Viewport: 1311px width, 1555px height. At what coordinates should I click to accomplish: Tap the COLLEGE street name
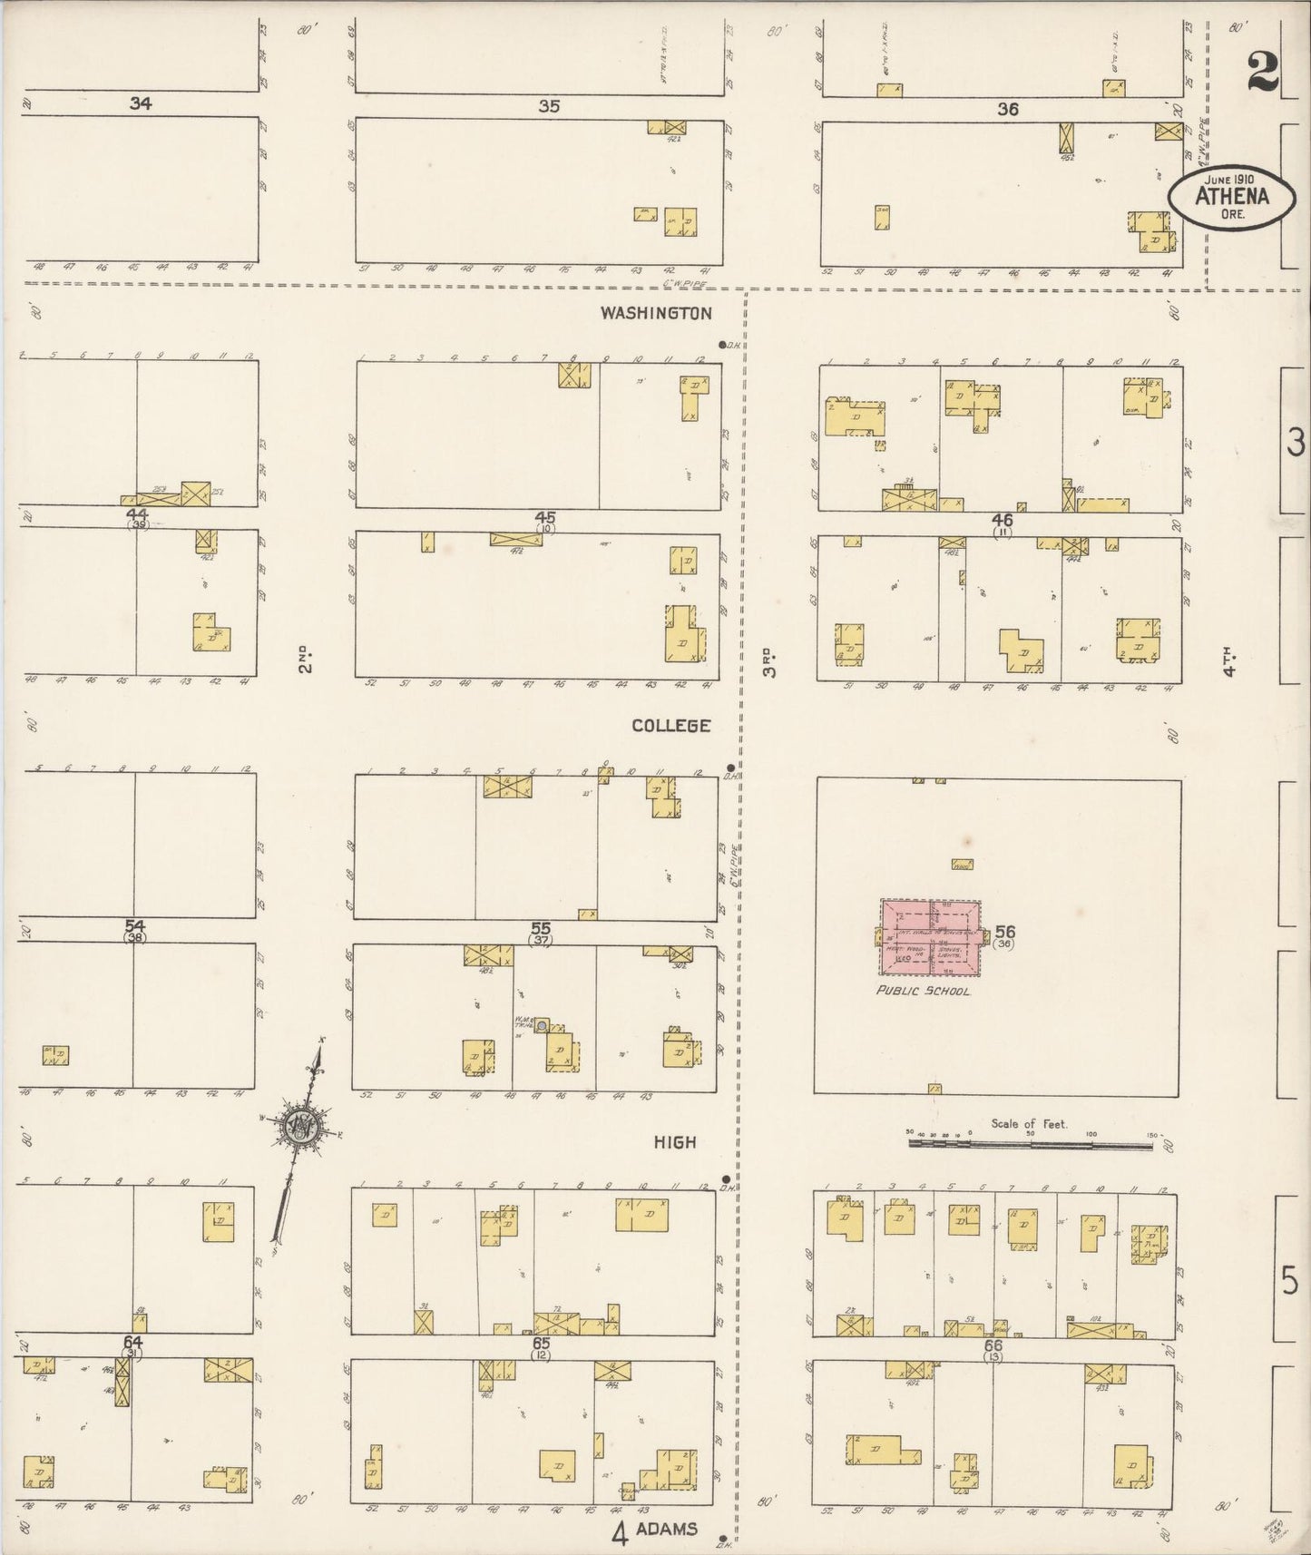tap(671, 726)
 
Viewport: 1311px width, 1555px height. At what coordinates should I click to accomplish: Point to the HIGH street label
tap(675, 1142)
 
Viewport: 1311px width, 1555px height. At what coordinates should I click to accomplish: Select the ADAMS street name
tap(667, 1529)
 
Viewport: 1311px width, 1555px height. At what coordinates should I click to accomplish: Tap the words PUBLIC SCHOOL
tap(923, 991)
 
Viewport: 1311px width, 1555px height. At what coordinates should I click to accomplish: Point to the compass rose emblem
tap(300, 1128)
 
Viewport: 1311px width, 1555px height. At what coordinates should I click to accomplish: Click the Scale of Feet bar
tap(1030, 1145)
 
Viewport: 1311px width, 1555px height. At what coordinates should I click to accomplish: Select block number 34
tap(140, 103)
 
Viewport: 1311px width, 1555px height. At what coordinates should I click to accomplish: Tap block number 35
tap(548, 106)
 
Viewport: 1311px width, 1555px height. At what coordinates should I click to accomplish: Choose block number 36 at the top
tap(1007, 109)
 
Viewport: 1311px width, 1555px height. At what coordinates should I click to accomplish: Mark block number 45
tap(544, 517)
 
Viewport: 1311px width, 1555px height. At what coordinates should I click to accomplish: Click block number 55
tap(541, 927)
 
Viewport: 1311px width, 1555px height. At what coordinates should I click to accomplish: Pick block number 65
tap(542, 1343)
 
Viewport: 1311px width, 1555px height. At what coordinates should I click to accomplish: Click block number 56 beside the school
tap(1004, 931)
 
